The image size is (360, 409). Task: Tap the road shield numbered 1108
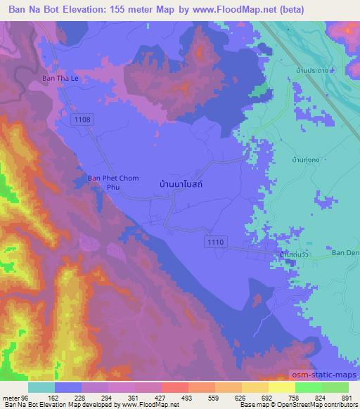click(x=82, y=121)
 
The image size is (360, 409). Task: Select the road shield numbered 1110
click(x=216, y=242)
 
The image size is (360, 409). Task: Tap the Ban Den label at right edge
click(x=345, y=253)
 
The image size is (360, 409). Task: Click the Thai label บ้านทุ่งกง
click(x=307, y=160)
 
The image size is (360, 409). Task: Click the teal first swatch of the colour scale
click(x=41, y=387)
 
